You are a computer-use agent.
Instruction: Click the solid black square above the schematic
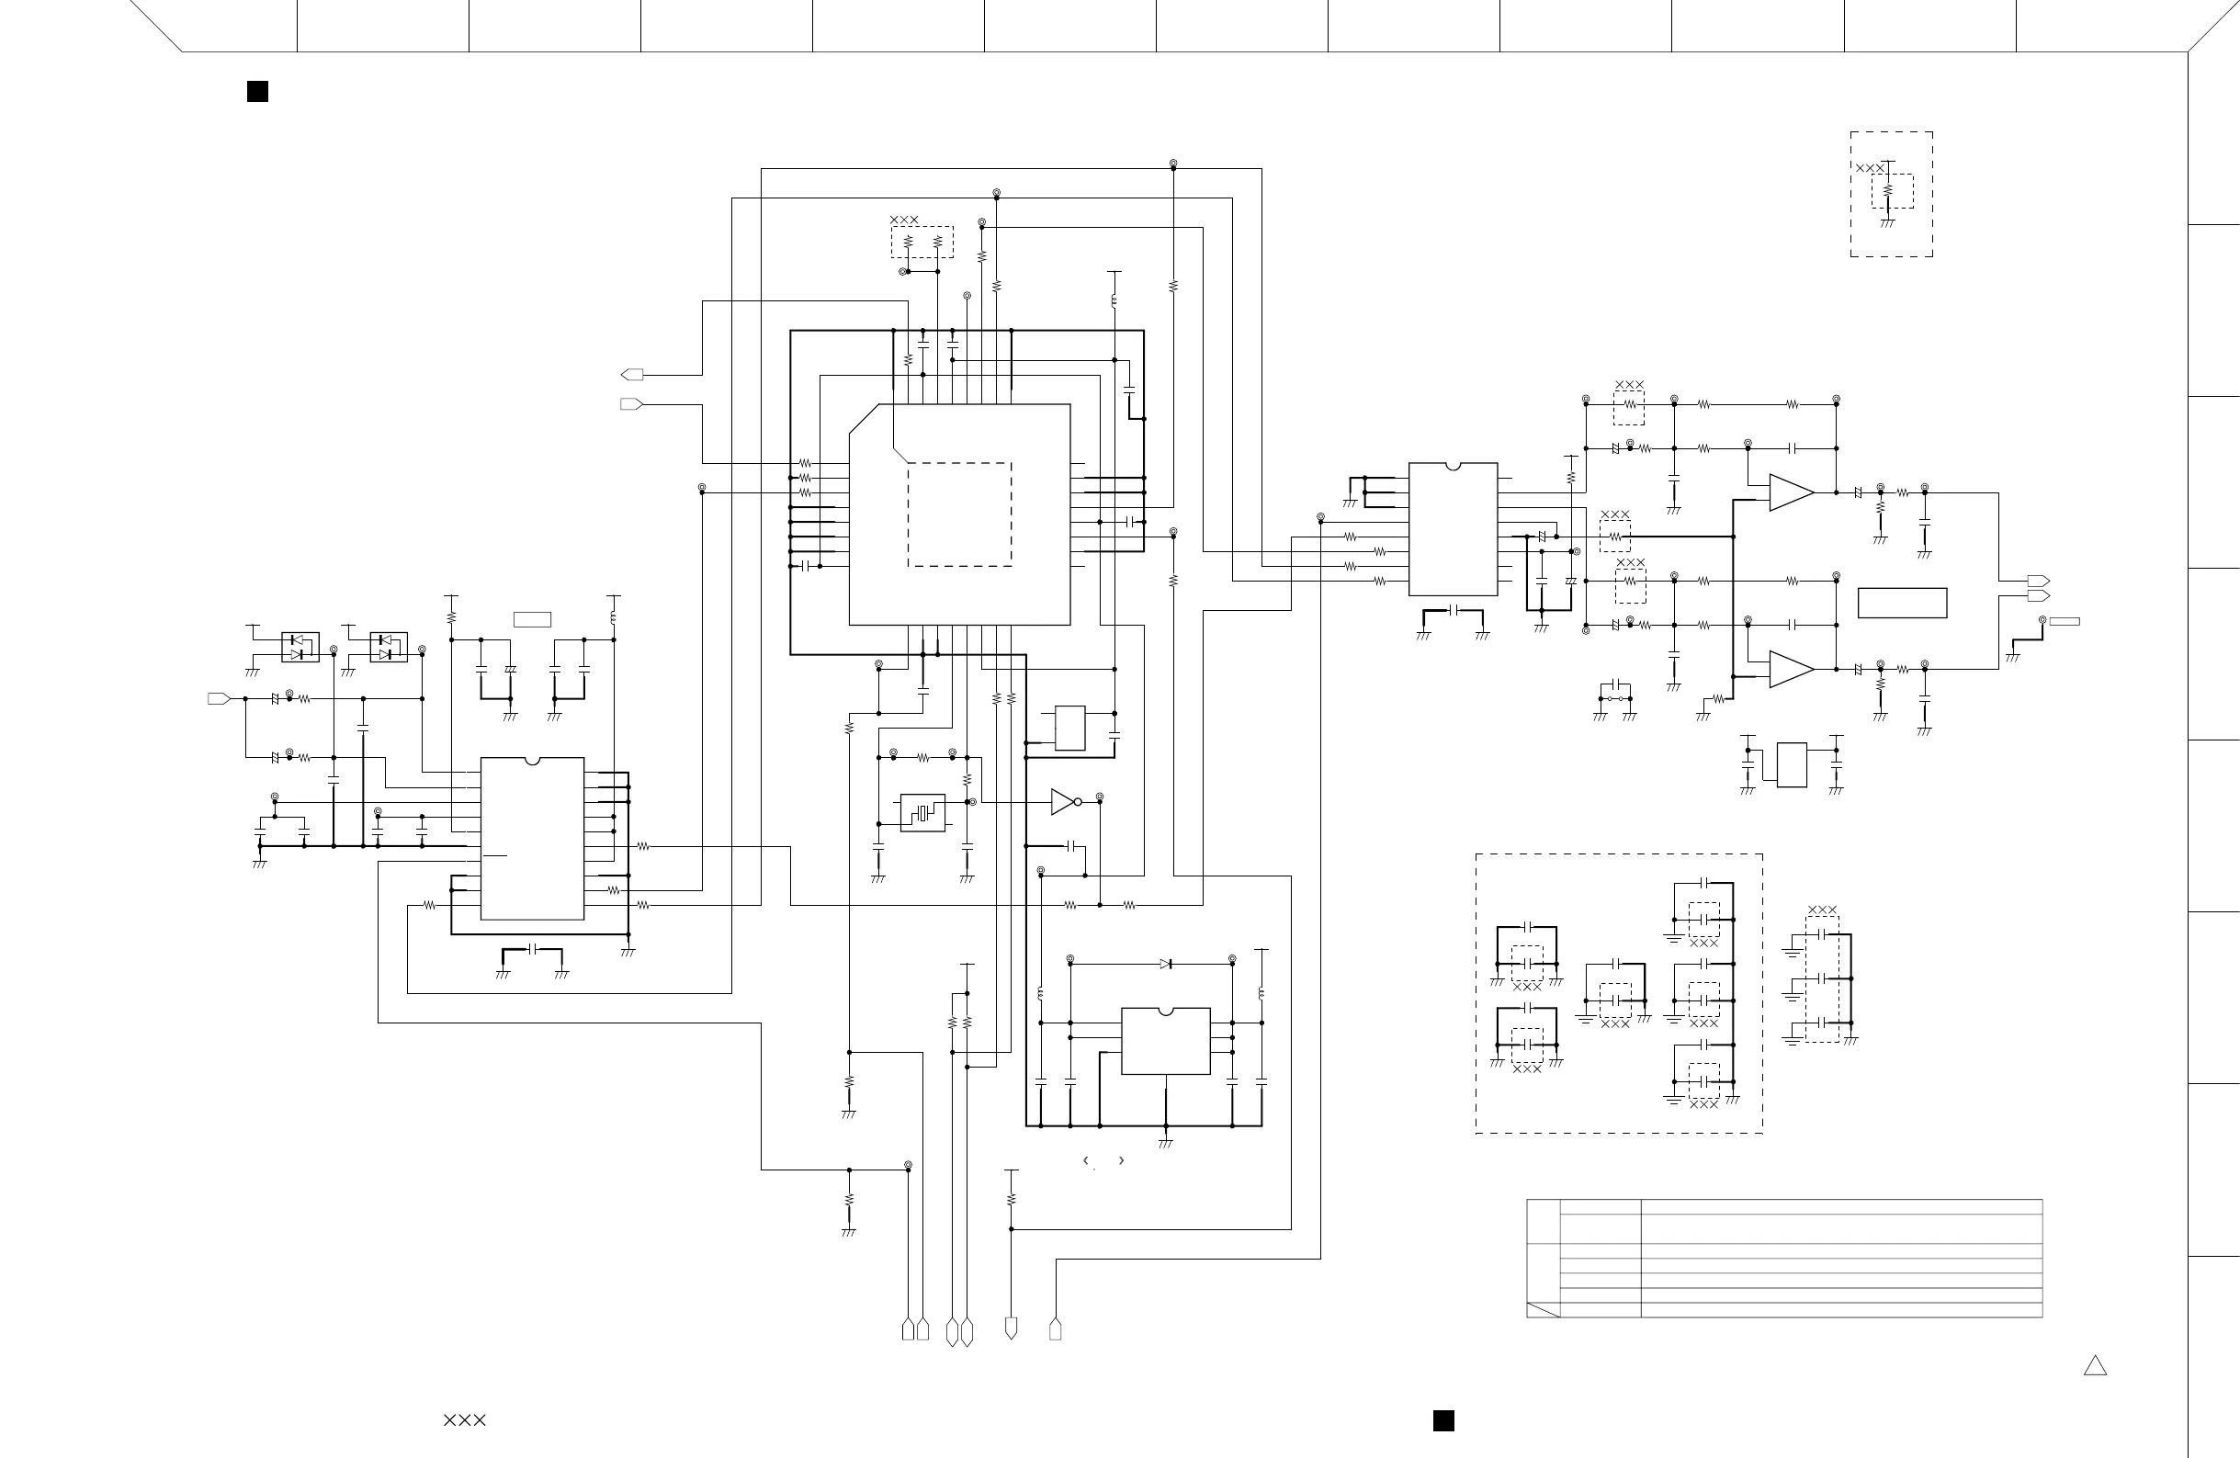(x=257, y=91)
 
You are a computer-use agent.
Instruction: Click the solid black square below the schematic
(x=1442, y=1420)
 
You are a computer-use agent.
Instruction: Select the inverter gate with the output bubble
(x=1065, y=802)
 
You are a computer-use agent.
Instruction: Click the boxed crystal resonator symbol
(x=922, y=812)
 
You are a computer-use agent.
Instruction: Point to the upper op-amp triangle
(x=1790, y=492)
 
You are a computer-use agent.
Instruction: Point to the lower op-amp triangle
(x=1790, y=669)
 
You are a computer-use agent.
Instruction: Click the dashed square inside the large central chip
(x=959, y=514)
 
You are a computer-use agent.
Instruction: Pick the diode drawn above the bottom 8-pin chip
(x=1166, y=964)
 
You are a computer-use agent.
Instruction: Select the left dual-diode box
(x=300, y=647)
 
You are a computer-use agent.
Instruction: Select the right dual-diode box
(x=389, y=647)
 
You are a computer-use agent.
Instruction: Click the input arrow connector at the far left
(x=219, y=698)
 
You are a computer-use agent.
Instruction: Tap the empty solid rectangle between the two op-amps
(x=1902, y=604)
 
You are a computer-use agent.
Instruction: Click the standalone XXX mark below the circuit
(x=465, y=1420)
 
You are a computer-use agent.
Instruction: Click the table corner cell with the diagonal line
(x=1543, y=1309)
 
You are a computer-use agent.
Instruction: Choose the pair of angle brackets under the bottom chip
(x=1104, y=1160)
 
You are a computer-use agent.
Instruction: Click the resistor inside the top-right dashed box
(x=1887, y=191)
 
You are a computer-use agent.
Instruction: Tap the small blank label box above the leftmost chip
(x=532, y=619)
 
